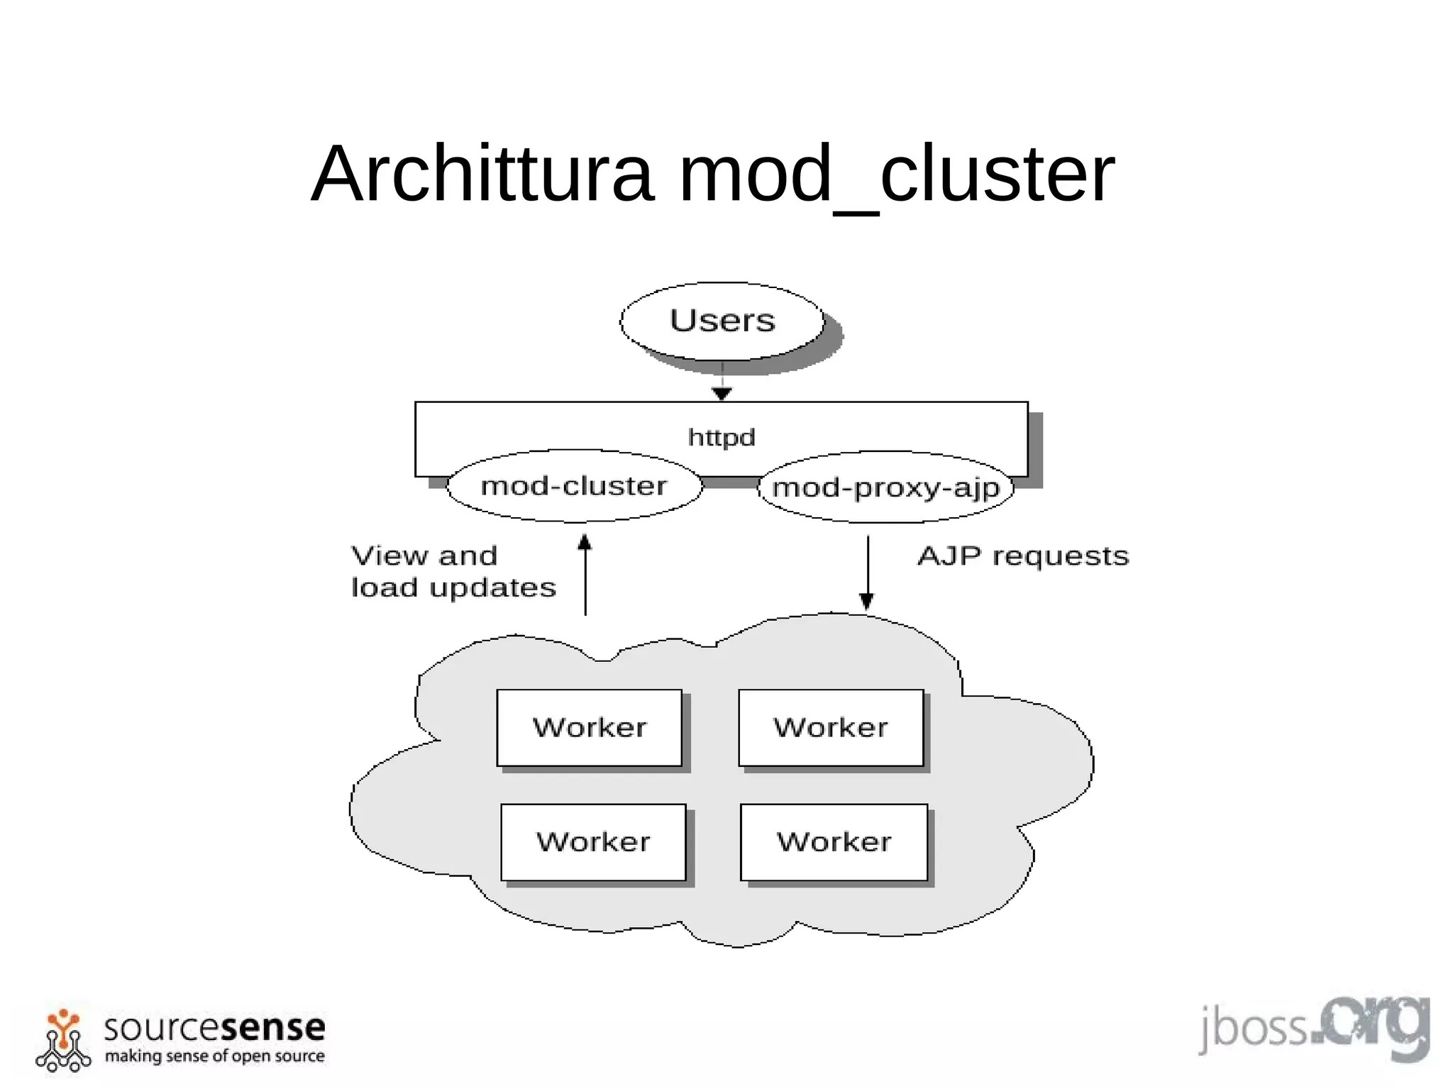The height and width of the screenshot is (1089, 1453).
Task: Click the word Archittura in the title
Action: coord(482,175)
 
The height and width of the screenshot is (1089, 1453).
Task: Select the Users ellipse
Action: coord(722,321)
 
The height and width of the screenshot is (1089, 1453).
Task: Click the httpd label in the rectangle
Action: coord(722,437)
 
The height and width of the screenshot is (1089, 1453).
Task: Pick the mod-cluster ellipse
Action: coord(574,486)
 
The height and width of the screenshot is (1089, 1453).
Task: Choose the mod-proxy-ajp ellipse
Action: coord(885,487)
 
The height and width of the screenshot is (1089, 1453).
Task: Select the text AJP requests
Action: coord(1022,556)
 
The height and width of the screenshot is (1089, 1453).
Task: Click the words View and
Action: coord(424,556)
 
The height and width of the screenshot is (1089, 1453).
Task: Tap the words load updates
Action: coord(453,588)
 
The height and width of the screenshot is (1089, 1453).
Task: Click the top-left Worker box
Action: coord(589,728)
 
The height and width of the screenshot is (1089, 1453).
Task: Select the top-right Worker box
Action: coord(831,728)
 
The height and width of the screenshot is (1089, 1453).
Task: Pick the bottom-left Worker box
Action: coord(593,842)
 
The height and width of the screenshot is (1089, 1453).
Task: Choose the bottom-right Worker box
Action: coord(834,842)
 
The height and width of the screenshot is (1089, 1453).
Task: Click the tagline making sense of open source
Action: coord(214,1056)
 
